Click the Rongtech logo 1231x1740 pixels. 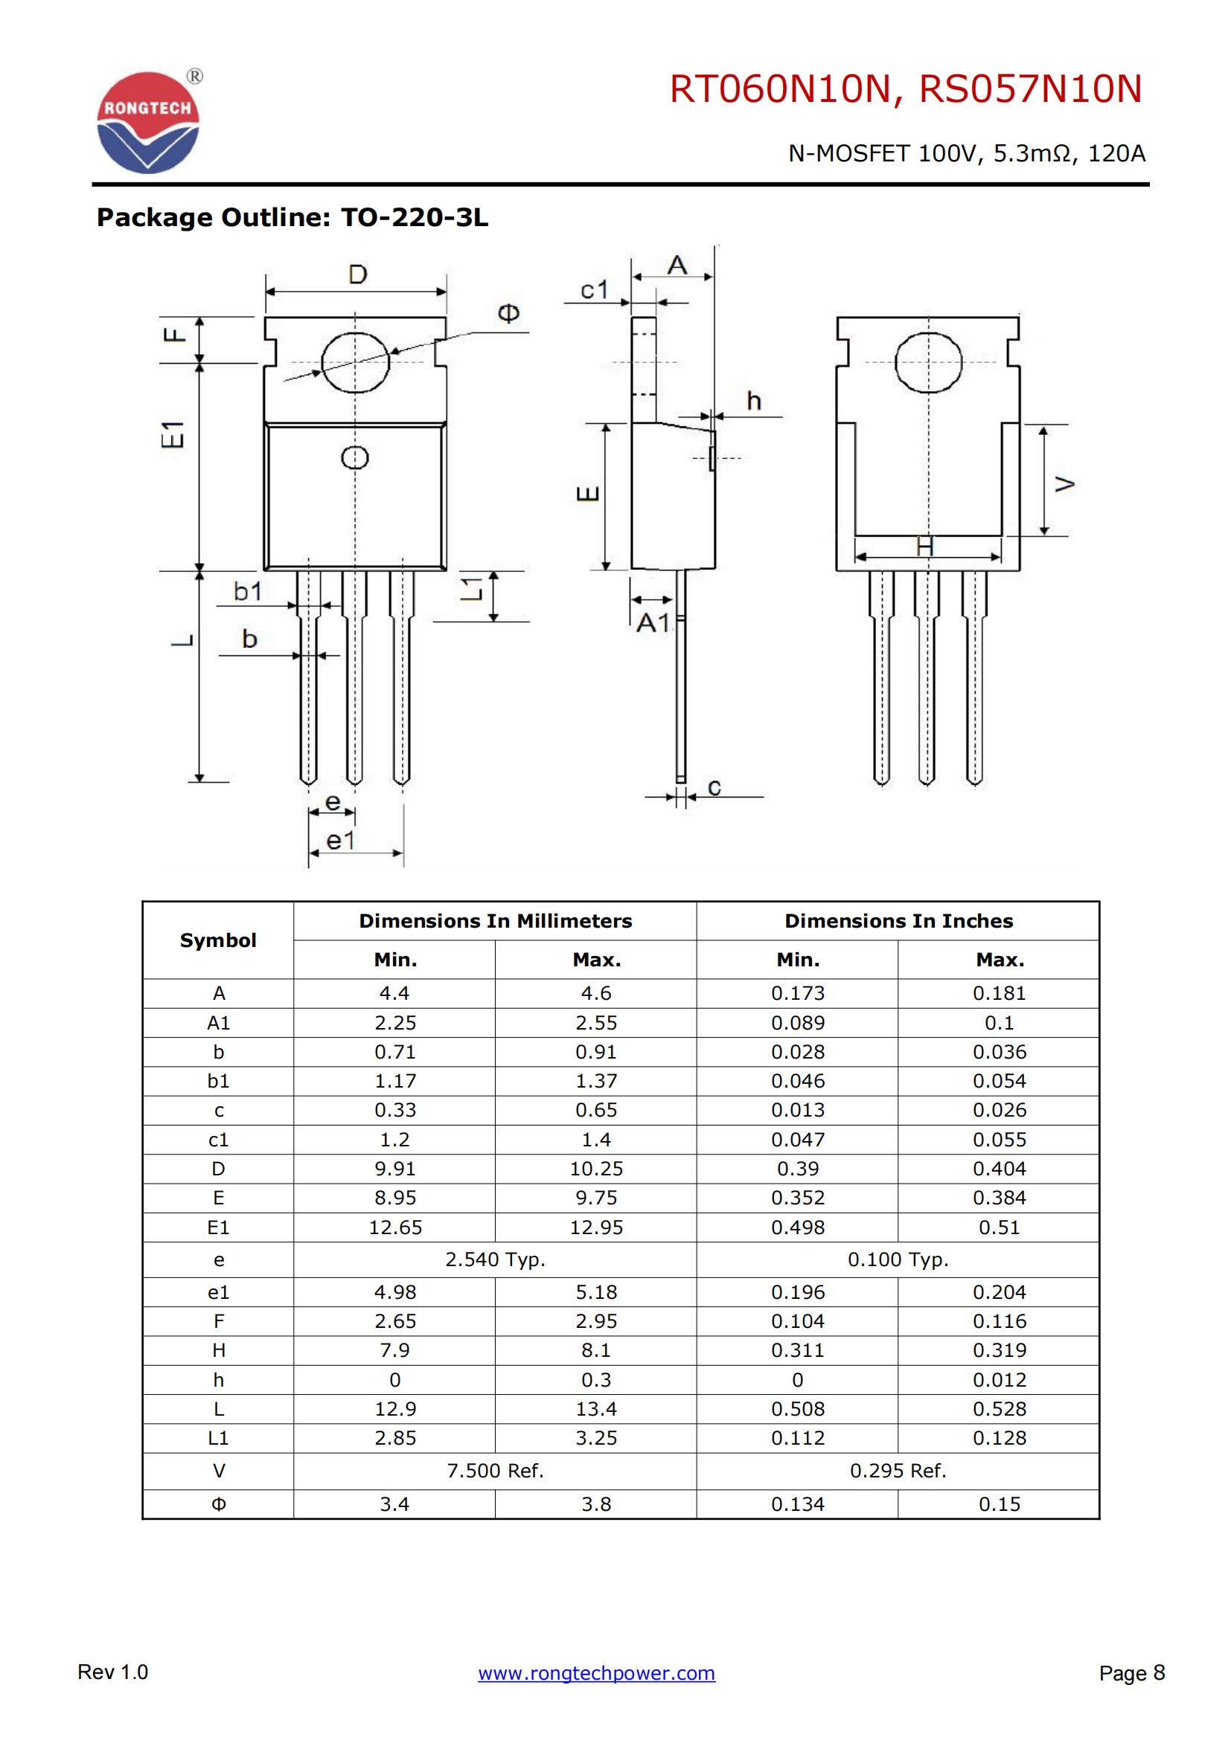coord(149,121)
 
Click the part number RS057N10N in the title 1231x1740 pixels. coord(1030,89)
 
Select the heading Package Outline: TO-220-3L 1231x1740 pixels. coord(292,217)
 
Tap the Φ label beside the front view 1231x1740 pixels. coord(508,313)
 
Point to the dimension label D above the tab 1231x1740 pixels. coord(358,275)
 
